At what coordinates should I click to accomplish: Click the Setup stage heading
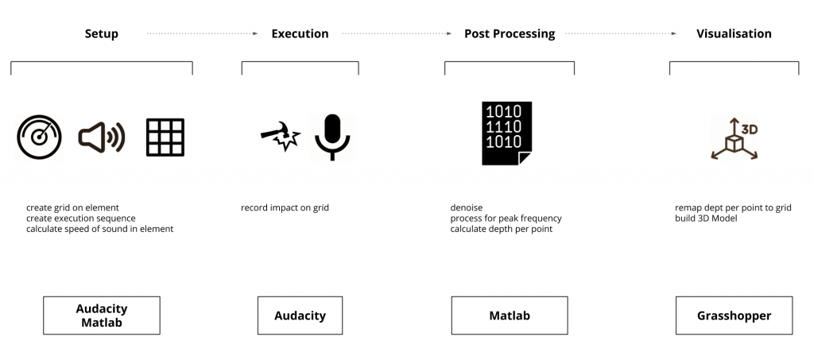point(102,34)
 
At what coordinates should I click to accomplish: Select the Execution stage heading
point(300,34)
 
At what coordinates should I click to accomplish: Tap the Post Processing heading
point(510,34)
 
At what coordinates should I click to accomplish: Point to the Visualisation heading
point(734,34)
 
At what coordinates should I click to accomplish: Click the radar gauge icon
point(39,137)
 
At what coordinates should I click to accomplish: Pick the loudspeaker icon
point(102,137)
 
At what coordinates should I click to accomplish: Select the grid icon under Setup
point(165,137)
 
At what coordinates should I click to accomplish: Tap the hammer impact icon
point(280,137)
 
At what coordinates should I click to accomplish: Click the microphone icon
point(331,137)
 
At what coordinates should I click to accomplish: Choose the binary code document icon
point(506,134)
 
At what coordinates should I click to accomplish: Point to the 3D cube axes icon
point(734,138)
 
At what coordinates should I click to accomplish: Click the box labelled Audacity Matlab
point(102,315)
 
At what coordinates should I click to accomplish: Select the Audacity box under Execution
point(300,315)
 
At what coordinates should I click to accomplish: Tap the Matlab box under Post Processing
point(510,315)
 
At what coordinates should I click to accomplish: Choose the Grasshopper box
point(734,315)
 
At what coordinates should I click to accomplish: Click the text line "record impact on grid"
point(285,208)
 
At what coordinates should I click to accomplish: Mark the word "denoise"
point(467,208)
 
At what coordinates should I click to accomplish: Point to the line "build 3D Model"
point(706,219)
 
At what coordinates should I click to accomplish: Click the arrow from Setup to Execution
point(202,34)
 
